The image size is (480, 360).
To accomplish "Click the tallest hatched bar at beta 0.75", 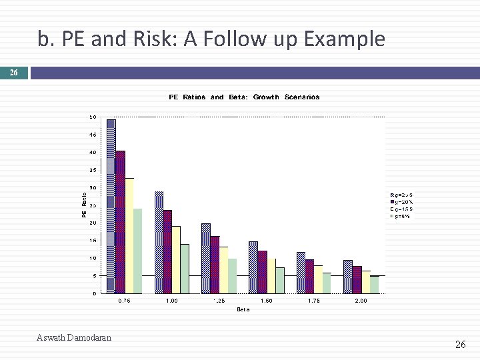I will tap(111, 206).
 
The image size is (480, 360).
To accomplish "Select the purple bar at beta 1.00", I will tap(167, 251).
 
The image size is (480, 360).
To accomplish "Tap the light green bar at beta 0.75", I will tap(137, 251).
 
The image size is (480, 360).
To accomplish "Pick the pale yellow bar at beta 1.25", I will tap(223, 270).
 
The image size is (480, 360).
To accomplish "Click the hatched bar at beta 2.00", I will tap(348, 277).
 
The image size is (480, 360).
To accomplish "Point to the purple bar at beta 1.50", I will tap(262, 272).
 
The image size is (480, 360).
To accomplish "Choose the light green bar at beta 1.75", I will tap(327, 283).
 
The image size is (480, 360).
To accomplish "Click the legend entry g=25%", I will tap(401, 195).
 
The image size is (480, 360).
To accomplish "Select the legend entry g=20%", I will tap(401, 201).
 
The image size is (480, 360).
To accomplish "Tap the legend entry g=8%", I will tap(400, 216).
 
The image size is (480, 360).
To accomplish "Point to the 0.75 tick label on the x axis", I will tap(125, 301).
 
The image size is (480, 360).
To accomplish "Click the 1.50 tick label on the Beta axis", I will tap(266, 301).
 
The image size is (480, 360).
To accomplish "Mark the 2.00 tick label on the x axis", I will tap(361, 301).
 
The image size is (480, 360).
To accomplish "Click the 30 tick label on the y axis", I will tap(93, 188).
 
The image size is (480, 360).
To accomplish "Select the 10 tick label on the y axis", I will tap(93, 258).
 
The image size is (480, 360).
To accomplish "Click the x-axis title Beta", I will tap(243, 309).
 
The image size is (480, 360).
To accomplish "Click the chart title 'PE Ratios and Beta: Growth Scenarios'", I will tap(244, 97).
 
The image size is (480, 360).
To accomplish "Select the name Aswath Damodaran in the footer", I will tap(74, 337).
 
